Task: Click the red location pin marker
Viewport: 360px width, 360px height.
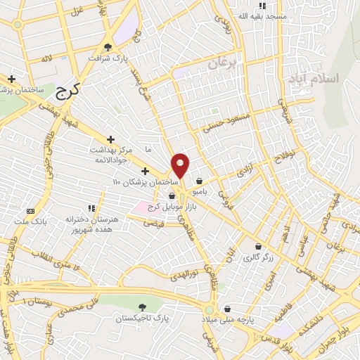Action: (x=181, y=165)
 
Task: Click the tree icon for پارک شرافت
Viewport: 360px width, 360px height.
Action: (x=108, y=46)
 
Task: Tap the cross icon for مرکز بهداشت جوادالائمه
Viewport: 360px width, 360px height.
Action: (x=110, y=139)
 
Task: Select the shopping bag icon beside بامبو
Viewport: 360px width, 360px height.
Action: (x=200, y=180)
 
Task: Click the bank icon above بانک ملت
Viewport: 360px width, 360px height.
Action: (x=30, y=211)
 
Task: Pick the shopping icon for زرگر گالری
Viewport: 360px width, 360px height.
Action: (x=259, y=247)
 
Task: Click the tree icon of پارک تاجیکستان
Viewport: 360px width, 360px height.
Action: (x=143, y=307)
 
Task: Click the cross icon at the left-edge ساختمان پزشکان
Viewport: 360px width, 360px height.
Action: (x=11, y=79)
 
